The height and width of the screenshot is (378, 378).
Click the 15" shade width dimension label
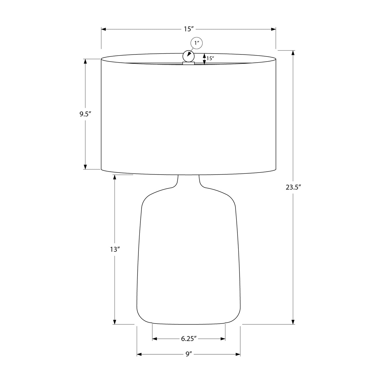point(188,29)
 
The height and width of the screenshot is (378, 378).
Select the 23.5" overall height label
point(293,187)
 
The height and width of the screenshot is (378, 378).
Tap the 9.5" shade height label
point(85,114)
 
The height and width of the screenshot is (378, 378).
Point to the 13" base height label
point(114,249)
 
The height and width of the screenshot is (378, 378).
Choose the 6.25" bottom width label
point(188,339)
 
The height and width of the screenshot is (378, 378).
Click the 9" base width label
point(189,354)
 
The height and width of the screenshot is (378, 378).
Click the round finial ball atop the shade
point(188,56)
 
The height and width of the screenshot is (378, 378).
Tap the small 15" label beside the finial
point(210,58)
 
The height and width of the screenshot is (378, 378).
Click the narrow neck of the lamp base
point(188,181)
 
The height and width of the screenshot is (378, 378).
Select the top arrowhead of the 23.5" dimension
point(293,53)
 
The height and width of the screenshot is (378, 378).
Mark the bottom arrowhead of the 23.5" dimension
point(293,322)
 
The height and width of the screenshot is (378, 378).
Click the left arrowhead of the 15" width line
point(104,29)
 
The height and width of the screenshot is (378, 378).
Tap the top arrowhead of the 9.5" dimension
point(85,61)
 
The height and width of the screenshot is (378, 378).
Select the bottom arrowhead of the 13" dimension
point(115,322)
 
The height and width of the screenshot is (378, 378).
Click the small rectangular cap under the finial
point(188,63)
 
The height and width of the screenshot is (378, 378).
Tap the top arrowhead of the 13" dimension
point(115,177)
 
